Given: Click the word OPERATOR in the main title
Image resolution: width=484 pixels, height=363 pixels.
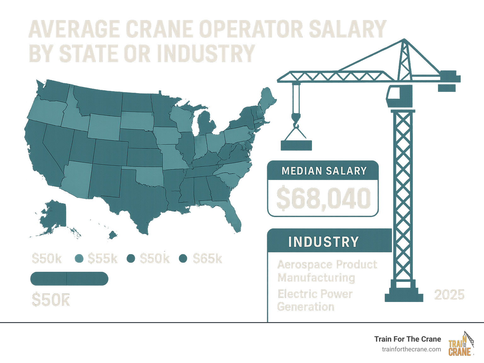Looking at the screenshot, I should coord(251,29).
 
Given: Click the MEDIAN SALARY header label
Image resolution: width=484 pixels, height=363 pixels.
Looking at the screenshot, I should coord(324,171).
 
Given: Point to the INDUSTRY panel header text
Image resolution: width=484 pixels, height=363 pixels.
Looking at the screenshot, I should coord(323,242).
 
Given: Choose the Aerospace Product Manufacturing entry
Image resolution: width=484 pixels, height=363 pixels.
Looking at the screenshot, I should coord(327,271).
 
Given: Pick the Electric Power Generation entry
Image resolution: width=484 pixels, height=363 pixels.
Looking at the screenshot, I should coord(315,300).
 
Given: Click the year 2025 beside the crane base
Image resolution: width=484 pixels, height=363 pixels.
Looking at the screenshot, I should coord(449,295).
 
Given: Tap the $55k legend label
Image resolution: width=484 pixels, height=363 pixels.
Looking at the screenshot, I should coord(102,259).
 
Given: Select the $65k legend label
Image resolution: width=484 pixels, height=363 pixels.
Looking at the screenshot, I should coord(207,259).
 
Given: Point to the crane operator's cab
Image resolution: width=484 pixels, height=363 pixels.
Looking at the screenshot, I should coord(400,96).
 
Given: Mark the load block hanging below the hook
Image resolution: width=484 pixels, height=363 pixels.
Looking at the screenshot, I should coord(296,145).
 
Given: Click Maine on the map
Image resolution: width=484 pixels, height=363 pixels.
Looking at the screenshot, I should coord(268,99).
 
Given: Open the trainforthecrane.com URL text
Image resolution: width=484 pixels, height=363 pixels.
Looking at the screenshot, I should coord(411,349).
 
